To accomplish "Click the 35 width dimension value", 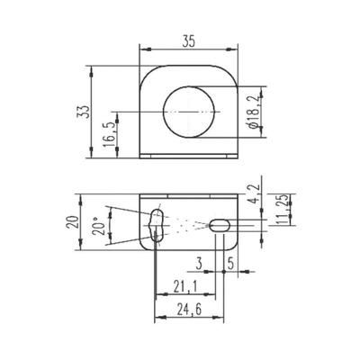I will point(189,40).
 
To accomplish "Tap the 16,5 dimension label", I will point(109,136).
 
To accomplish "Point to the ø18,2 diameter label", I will point(253,111).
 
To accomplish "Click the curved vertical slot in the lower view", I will point(156,226).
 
